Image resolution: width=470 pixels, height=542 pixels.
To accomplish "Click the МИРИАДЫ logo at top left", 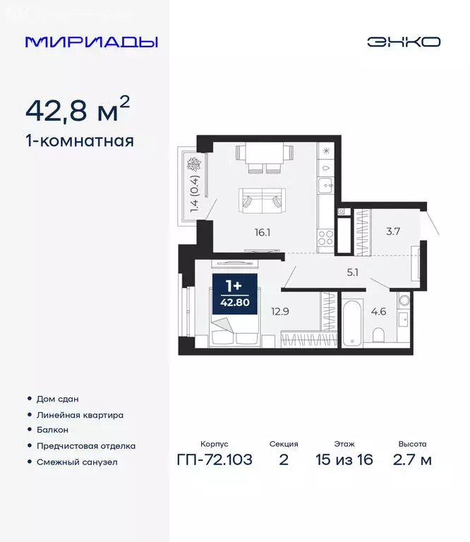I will click(x=91, y=42).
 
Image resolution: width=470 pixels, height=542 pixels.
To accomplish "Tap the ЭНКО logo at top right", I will click(x=403, y=42).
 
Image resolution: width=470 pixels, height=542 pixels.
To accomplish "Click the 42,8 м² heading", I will click(x=78, y=109).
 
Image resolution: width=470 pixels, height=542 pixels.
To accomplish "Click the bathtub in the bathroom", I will click(x=351, y=322).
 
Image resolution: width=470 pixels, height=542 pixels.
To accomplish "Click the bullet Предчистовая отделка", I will click(x=85, y=446).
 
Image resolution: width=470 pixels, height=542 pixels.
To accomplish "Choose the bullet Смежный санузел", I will click(x=76, y=462).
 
